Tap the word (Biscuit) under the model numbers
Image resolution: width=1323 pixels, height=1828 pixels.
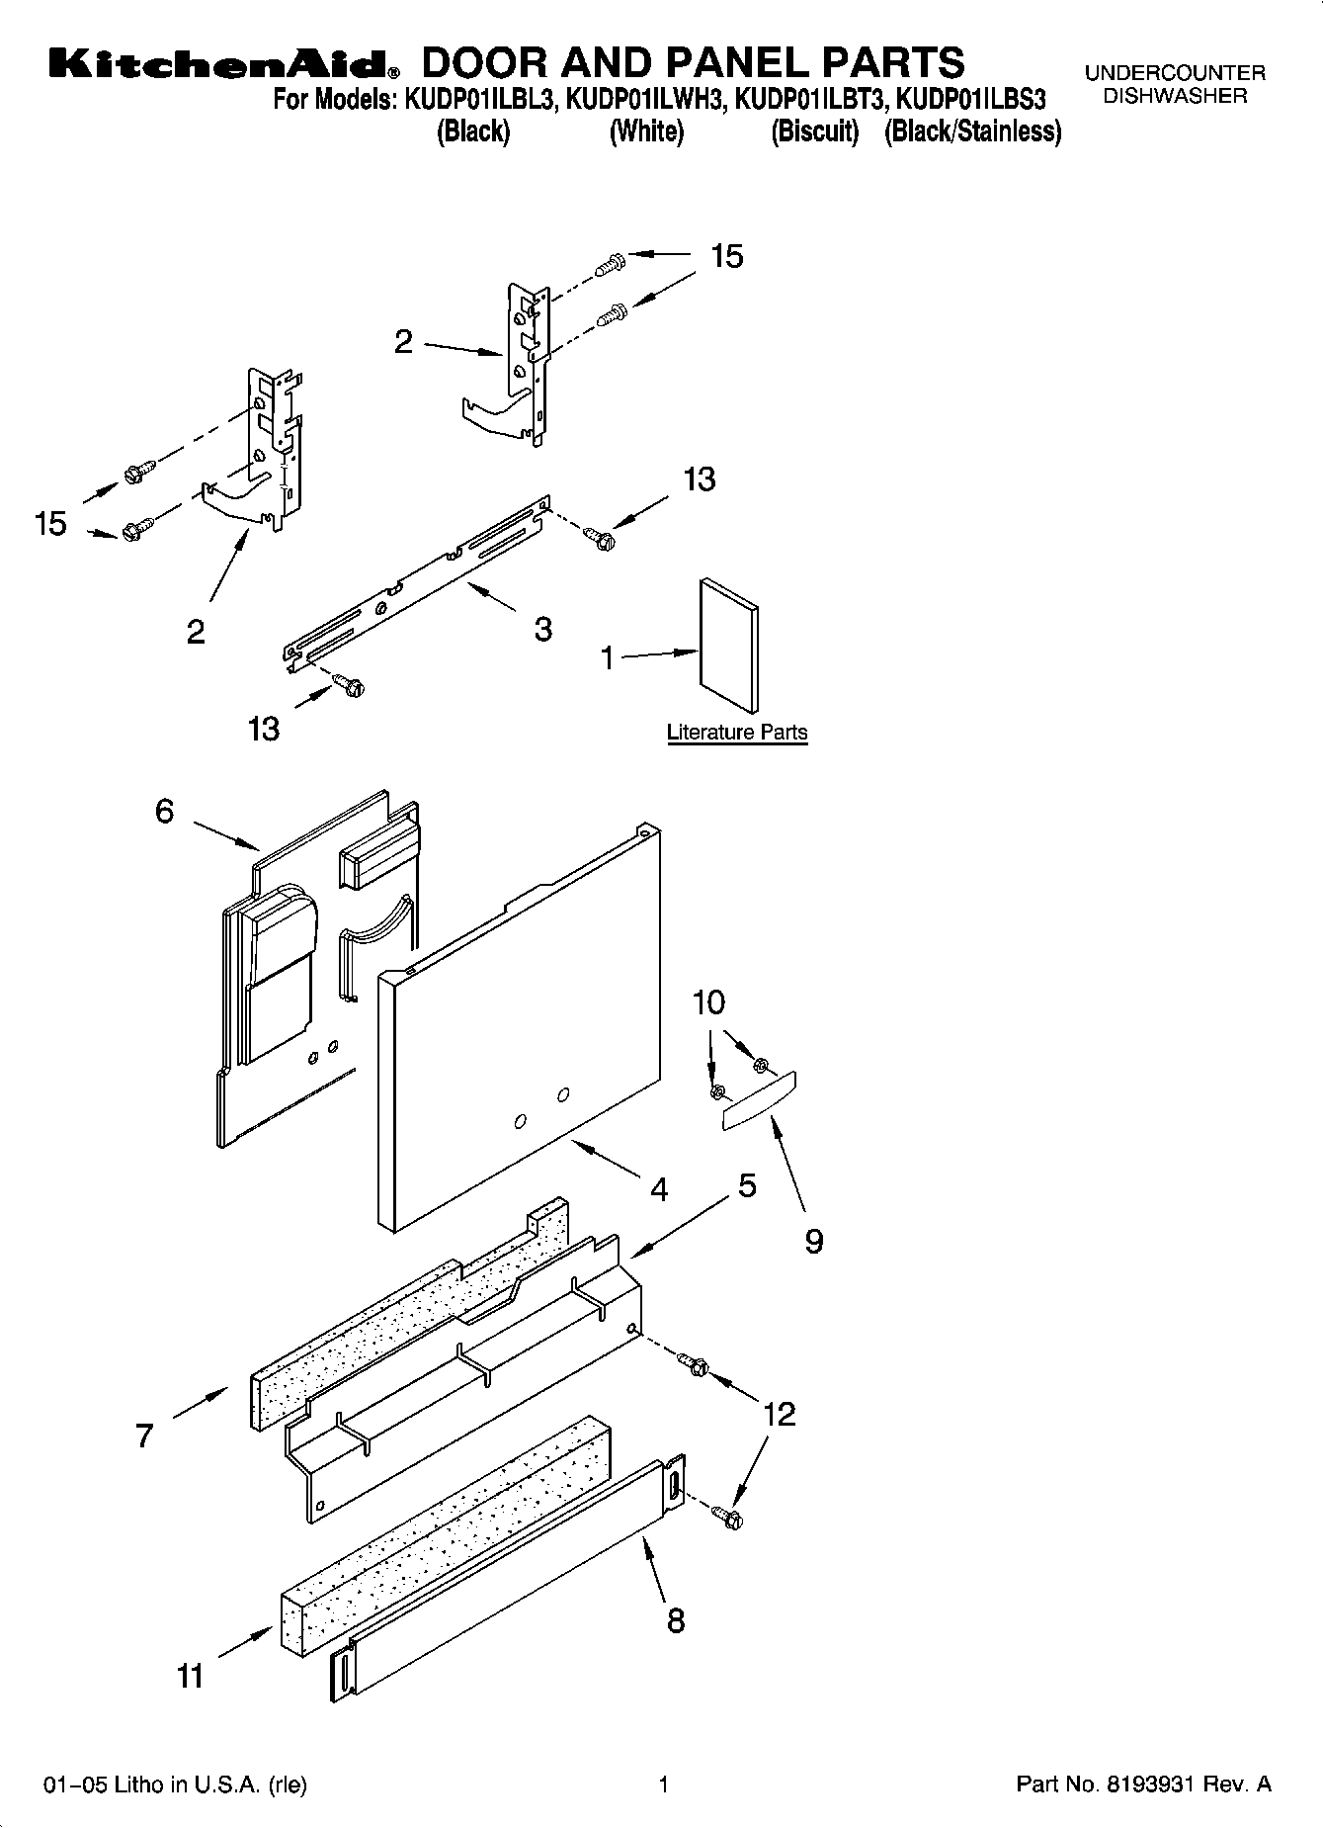click(815, 131)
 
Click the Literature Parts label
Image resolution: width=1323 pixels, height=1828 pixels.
click(737, 733)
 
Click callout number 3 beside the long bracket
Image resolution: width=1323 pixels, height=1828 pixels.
click(542, 629)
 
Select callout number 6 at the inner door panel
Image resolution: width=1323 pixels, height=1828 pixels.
click(164, 812)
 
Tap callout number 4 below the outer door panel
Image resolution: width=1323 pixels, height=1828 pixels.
click(659, 1188)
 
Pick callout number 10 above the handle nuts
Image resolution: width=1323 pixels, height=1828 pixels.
click(708, 1002)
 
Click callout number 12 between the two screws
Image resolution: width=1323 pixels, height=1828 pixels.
click(779, 1414)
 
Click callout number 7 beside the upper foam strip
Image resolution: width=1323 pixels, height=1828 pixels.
click(144, 1435)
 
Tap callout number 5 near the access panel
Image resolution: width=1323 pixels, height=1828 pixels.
click(747, 1185)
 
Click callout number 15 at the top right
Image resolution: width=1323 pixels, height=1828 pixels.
click(726, 256)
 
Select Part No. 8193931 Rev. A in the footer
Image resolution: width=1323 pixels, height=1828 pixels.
click(1143, 1784)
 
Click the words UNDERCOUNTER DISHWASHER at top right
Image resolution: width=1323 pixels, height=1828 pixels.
click(1175, 84)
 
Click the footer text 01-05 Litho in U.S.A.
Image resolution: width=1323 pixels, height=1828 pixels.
click(175, 1784)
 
